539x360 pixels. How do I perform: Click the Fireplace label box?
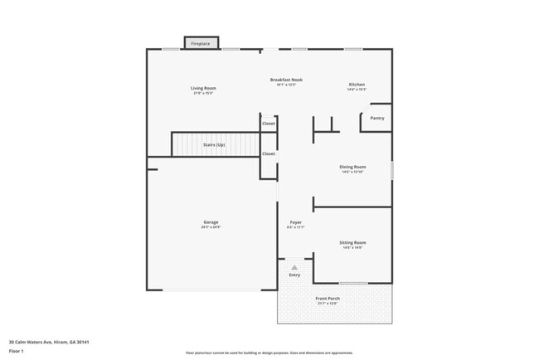(x=201, y=43)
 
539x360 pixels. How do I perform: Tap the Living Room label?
(x=203, y=87)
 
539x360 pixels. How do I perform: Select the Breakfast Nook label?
(x=286, y=80)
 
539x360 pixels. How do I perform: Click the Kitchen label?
(x=357, y=85)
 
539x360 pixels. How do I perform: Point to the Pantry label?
(x=377, y=118)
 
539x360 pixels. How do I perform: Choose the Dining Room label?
(x=353, y=167)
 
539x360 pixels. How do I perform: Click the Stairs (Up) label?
(x=214, y=145)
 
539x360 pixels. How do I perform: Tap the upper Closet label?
(x=269, y=124)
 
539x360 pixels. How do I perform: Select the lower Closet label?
(x=269, y=153)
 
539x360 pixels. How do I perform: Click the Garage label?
(x=211, y=221)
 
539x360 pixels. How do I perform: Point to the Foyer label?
(x=295, y=222)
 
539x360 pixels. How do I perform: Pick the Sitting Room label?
(x=352, y=242)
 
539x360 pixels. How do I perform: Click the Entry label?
(x=294, y=274)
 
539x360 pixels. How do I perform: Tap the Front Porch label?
(x=328, y=298)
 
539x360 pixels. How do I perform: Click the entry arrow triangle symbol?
(x=294, y=266)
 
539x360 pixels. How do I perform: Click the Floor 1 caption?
(x=17, y=352)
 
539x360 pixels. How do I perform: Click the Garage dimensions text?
(x=211, y=227)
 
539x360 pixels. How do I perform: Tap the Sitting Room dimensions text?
(x=352, y=248)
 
